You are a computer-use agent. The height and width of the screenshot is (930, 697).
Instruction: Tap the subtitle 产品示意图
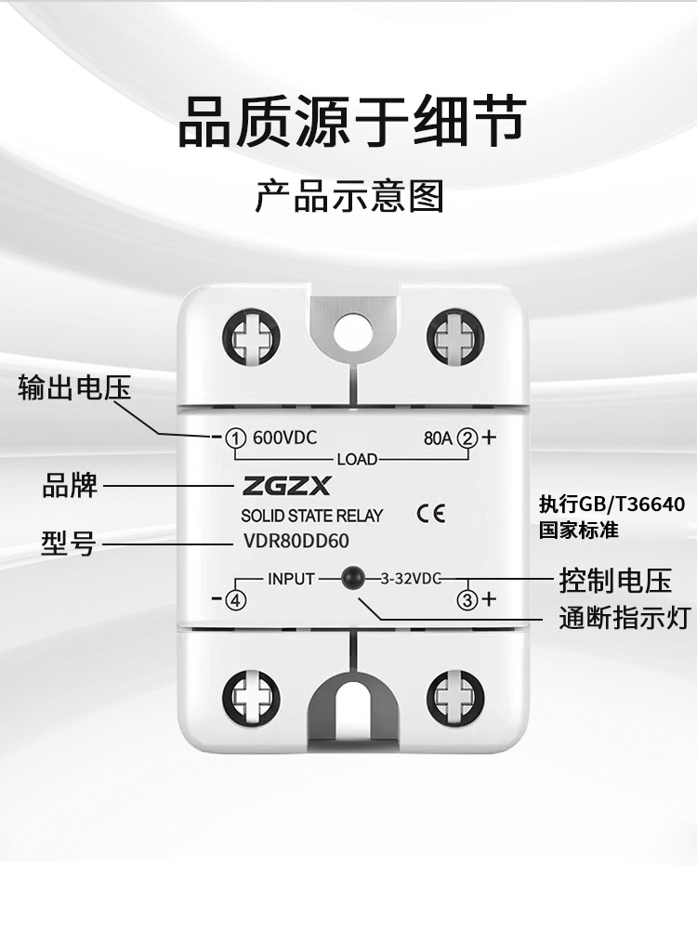349,197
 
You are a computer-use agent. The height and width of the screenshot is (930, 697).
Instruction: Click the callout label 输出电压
75,387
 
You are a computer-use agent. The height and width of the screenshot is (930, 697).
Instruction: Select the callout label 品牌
70,484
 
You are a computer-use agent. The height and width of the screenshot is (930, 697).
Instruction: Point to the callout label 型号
68,544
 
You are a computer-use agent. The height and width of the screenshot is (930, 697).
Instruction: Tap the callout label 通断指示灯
625,618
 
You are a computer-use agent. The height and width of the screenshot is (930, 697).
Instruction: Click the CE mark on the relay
431,514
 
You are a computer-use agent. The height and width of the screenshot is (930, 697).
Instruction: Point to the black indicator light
351,578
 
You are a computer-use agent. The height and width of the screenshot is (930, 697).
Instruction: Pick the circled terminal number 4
235,600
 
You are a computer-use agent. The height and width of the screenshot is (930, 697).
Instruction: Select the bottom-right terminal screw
455,697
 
